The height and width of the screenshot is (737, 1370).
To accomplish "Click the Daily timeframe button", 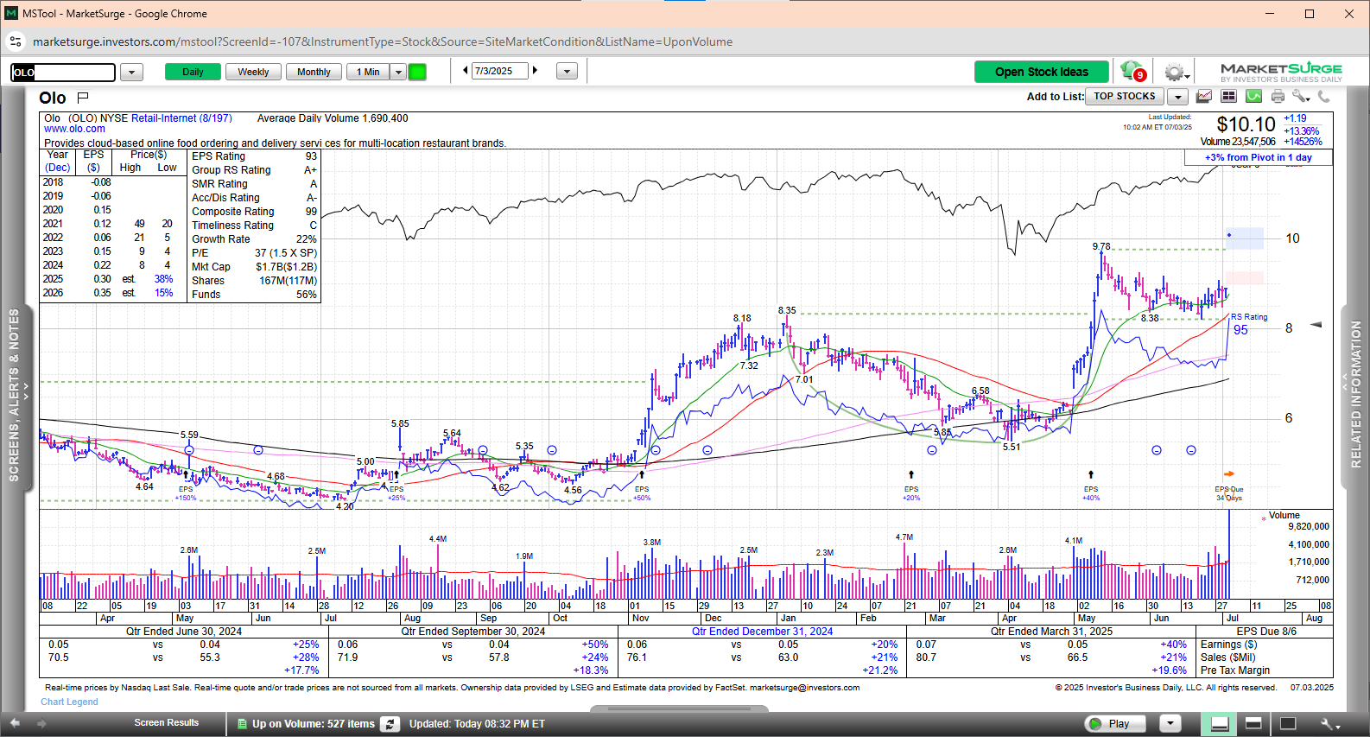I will coord(193,72).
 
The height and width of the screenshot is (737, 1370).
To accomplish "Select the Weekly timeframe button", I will coord(253,72).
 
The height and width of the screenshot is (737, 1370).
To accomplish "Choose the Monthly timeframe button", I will coord(314,72).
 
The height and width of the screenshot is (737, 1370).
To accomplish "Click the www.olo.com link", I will coord(74,129).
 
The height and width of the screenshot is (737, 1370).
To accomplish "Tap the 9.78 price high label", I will coord(1101,247).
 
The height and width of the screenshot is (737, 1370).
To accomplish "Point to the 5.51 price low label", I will coord(1012,447).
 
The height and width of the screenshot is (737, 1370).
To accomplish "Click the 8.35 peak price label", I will coord(787,310).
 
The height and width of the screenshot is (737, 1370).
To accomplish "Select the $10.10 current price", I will coord(1246,125).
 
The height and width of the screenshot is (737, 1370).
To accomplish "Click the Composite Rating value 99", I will coord(311,212).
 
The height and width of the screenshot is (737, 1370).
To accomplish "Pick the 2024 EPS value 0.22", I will coord(102,265).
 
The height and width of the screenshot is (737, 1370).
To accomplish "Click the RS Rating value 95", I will coord(1240,330).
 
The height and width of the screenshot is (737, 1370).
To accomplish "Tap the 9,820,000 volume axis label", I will coord(1309,526).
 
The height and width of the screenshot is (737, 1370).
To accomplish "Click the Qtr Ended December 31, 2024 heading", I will coord(762,632).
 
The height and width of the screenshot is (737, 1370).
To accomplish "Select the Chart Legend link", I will coord(69,702).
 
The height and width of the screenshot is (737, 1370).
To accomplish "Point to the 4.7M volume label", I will coord(904,537).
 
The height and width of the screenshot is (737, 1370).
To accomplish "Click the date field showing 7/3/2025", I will coord(499,71).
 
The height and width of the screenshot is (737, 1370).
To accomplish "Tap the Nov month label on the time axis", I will coord(640,618).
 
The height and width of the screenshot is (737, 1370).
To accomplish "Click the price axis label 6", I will coord(1289,418).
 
